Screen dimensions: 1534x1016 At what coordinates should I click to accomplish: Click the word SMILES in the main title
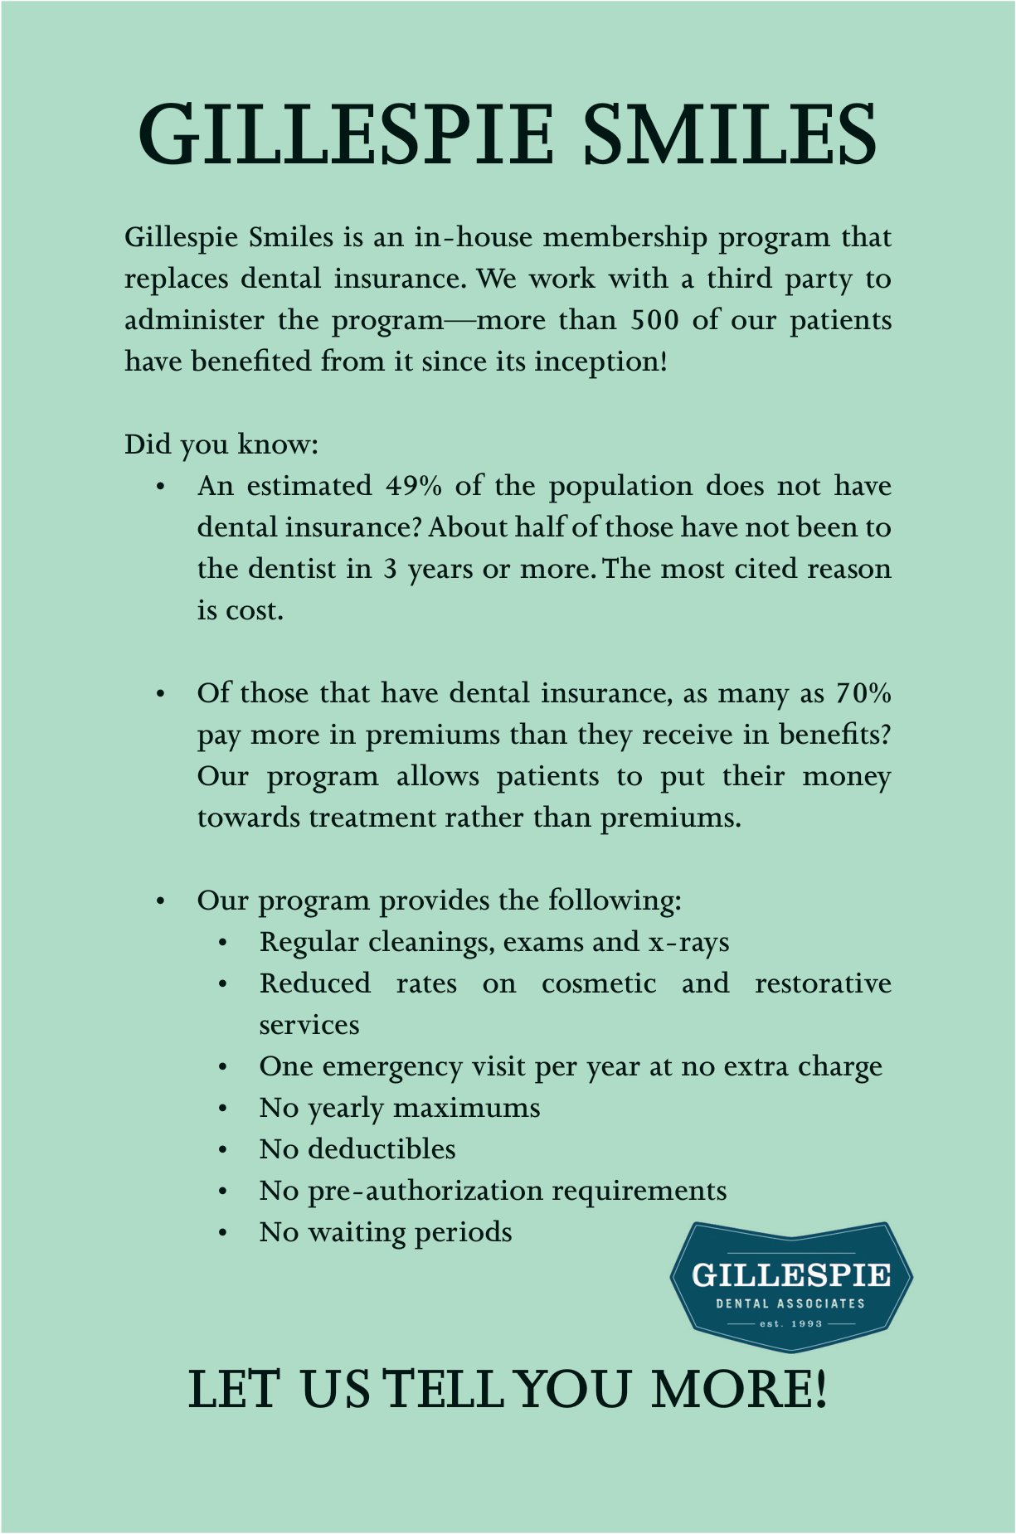tap(730, 134)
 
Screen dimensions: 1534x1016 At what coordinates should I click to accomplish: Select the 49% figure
tap(413, 486)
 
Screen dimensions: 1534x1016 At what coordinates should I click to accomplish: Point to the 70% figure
tap(863, 693)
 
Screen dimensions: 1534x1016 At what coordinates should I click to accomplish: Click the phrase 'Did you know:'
tap(221, 444)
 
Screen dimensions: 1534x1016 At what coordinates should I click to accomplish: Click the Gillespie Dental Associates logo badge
tap(791, 1285)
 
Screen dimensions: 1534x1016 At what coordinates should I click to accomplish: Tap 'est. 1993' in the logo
tap(791, 1323)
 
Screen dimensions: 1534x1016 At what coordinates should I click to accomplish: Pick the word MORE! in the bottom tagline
tap(739, 1390)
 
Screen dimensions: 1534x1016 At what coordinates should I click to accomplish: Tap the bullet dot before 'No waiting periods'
tap(223, 1233)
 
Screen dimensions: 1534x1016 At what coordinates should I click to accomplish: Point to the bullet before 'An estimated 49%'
tap(161, 487)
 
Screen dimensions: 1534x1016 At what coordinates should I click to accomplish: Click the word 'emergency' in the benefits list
tap(391, 1066)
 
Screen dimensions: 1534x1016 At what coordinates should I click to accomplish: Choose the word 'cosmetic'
tap(599, 983)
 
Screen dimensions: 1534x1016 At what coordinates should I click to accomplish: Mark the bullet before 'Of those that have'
tap(161, 694)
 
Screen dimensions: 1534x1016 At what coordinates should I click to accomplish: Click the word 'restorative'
tap(823, 983)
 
